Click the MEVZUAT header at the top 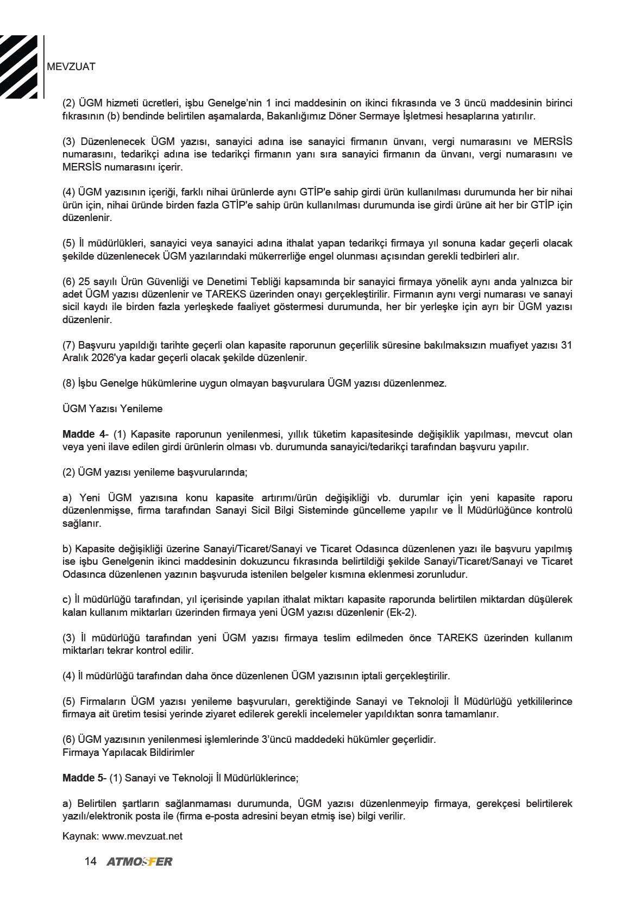(x=71, y=67)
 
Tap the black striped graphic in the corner (x=20, y=67)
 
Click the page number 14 (x=90, y=861)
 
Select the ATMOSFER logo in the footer (x=140, y=862)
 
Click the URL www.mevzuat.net (x=142, y=836)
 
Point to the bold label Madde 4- (x=85, y=434)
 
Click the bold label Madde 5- (x=84, y=778)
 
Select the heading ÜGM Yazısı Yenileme (x=112, y=409)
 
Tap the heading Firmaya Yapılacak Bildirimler (x=128, y=753)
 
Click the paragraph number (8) (x=69, y=383)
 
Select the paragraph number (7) (x=69, y=345)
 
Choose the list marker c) (x=67, y=600)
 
